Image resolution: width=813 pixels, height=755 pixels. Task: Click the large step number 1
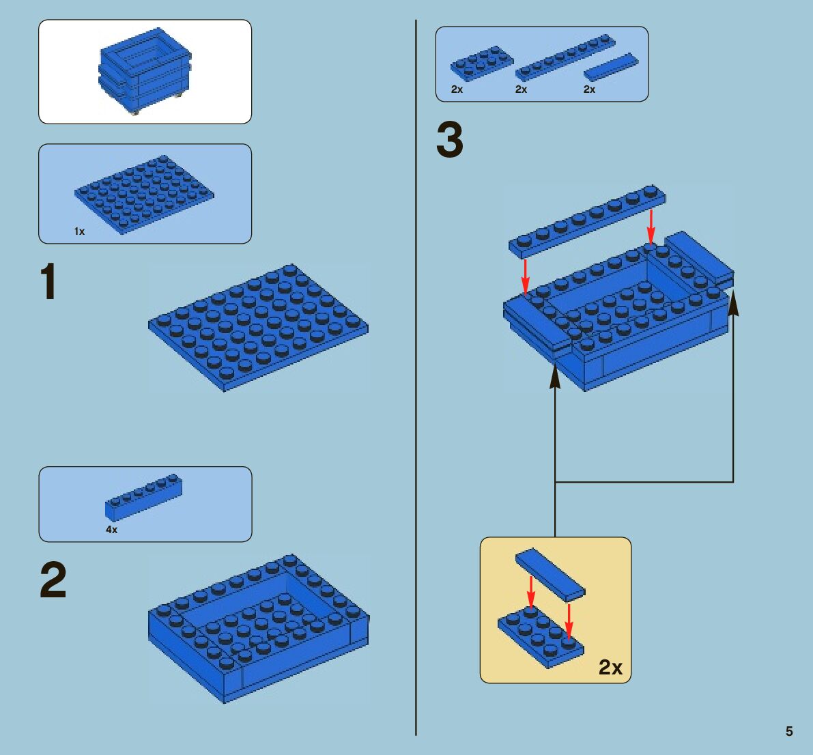pyautogui.click(x=48, y=281)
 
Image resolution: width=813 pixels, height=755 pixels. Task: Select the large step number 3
pyautogui.click(x=450, y=139)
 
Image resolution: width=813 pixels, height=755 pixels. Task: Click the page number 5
pyautogui.click(x=789, y=731)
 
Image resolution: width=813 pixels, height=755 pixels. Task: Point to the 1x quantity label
pyautogui.click(x=79, y=231)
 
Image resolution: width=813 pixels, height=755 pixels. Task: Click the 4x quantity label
pyautogui.click(x=111, y=530)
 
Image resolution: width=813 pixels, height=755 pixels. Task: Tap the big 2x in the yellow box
pyautogui.click(x=610, y=667)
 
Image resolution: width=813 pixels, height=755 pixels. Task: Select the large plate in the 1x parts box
pyautogui.click(x=143, y=194)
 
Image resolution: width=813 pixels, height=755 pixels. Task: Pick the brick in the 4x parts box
pyautogui.click(x=143, y=497)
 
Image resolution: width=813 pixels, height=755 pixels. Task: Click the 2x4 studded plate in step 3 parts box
pyautogui.click(x=482, y=63)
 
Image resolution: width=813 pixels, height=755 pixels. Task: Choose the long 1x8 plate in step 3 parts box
pyautogui.click(x=566, y=57)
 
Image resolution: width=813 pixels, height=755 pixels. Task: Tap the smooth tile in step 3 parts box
pyautogui.click(x=611, y=66)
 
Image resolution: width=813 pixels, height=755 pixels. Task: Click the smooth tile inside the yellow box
pyautogui.click(x=550, y=573)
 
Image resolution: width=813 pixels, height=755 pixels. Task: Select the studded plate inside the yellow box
pyautogui.click(x=541, y=638)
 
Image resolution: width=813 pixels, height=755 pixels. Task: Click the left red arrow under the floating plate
pyautogui.click(x=525, y=276)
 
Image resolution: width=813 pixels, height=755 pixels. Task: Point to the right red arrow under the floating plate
pyautogui.click(x=651, y=227)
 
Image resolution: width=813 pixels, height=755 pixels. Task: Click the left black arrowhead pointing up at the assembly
pyautogui.click(x=555, y=375)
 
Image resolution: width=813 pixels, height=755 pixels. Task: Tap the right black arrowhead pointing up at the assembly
pyautogui.click(x=733, y=303)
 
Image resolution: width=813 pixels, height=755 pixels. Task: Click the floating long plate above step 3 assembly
pyautogui.click(x=587, y=221)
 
